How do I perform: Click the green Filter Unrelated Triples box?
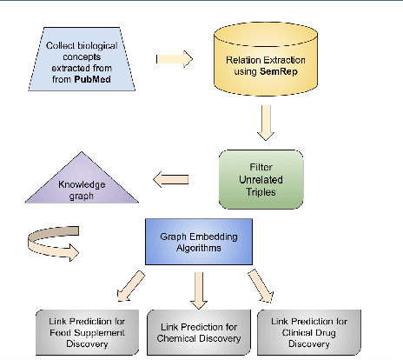click(261, 178)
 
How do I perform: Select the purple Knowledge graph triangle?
click(82, 187)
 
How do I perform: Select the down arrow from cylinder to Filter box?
click(266, 123)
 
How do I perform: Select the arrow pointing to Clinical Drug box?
click(260, 284)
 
